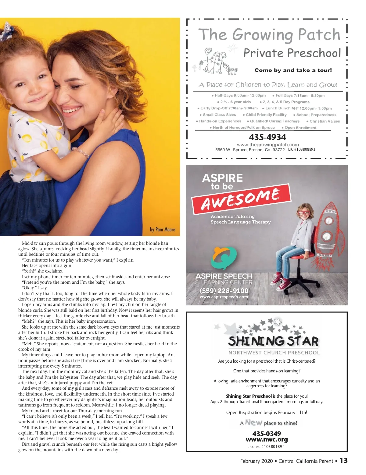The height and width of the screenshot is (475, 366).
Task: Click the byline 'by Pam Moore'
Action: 163,230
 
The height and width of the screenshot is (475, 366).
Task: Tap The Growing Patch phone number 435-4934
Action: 267,137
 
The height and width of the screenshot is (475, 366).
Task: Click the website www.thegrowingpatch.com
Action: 268,145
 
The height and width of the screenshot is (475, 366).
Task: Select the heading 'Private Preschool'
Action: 292,53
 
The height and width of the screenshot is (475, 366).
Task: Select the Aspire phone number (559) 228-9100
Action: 224,291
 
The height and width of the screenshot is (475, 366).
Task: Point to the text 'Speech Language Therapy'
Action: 241,222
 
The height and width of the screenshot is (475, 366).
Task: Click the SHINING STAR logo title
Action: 273,341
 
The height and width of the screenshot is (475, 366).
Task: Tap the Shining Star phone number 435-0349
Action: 267,434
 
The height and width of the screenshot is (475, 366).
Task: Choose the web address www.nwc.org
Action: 267,440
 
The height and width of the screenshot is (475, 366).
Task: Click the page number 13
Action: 343,460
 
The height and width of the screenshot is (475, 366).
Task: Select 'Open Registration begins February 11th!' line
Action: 267,413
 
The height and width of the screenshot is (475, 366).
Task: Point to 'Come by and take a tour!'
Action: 293,70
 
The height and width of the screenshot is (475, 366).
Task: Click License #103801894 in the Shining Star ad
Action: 266,447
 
